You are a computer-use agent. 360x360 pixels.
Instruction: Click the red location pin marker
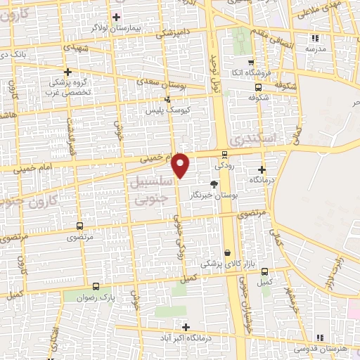coord(181,165)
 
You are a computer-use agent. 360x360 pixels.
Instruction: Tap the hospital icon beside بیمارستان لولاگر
coord(116,16)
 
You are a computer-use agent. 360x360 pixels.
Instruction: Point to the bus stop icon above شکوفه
coord(259,88)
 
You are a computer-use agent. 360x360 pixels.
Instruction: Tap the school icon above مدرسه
coord(316,38)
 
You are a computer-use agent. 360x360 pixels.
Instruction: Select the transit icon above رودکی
coord(225,155)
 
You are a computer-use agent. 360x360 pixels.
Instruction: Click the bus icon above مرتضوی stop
coord(79,226)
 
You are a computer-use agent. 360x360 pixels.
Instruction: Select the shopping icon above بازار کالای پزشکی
coord(227,253)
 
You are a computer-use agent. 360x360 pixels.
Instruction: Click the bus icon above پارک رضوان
coord(96,286)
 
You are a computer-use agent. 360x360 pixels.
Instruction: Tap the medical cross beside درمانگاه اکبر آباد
coord(186,327)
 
